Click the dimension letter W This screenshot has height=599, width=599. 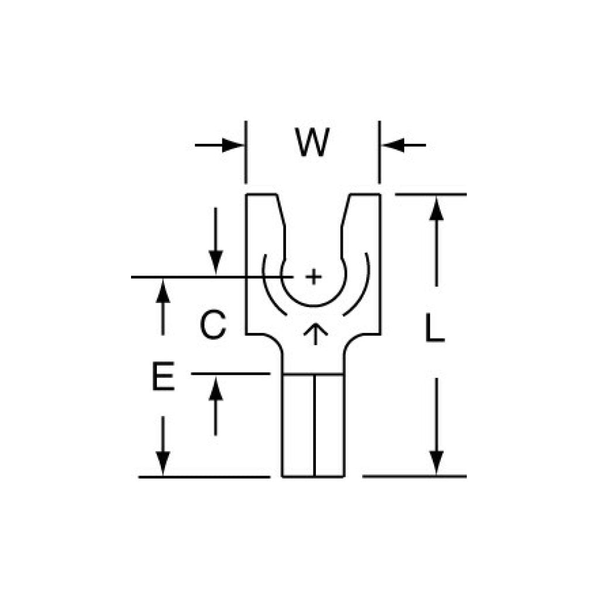(312, 142)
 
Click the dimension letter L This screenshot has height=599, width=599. (435, 328)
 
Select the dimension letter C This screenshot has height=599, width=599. (213, 325)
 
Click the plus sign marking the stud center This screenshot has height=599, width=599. (314, 276)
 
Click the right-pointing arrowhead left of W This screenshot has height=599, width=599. (233, 145)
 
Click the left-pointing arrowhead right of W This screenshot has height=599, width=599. (393, 145)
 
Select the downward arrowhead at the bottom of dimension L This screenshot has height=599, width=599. (436, 463)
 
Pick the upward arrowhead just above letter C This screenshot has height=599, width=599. (163, 291)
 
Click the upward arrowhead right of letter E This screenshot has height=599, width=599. (216, 388)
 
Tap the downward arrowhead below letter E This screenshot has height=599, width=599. (163, 464)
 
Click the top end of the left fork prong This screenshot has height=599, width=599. (261, 195)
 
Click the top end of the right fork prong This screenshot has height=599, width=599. (365, 195)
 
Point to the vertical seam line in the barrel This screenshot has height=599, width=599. (314, 425)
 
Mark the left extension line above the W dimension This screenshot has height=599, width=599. (246, 152)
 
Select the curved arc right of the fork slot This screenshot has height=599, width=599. (357, 284)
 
